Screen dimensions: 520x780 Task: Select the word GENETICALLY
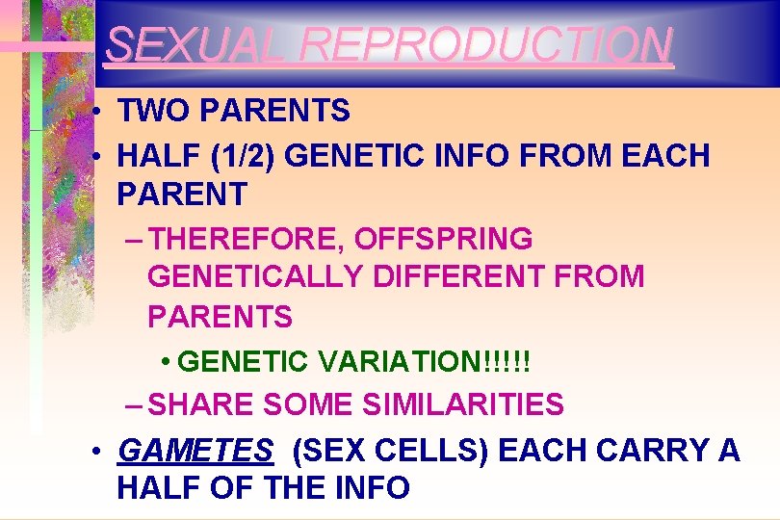[x=255, y=277]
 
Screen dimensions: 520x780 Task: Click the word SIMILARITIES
[x=463, y=405]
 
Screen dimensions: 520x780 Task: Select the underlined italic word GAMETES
[x=195, y=451]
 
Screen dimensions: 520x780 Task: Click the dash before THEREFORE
[x=136, y=238]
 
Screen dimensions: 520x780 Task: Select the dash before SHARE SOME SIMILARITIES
[x=136, y=405]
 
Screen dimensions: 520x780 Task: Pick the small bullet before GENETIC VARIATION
[x=167, y=363]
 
